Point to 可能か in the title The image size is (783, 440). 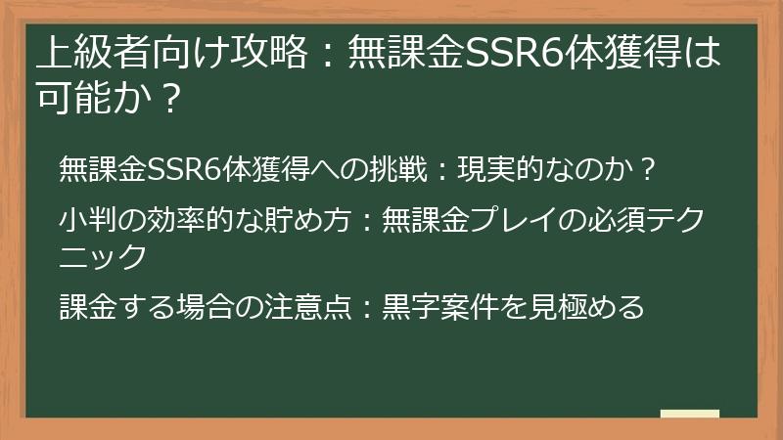91,100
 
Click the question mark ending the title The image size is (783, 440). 170,100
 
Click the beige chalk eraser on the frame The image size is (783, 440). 690,415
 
